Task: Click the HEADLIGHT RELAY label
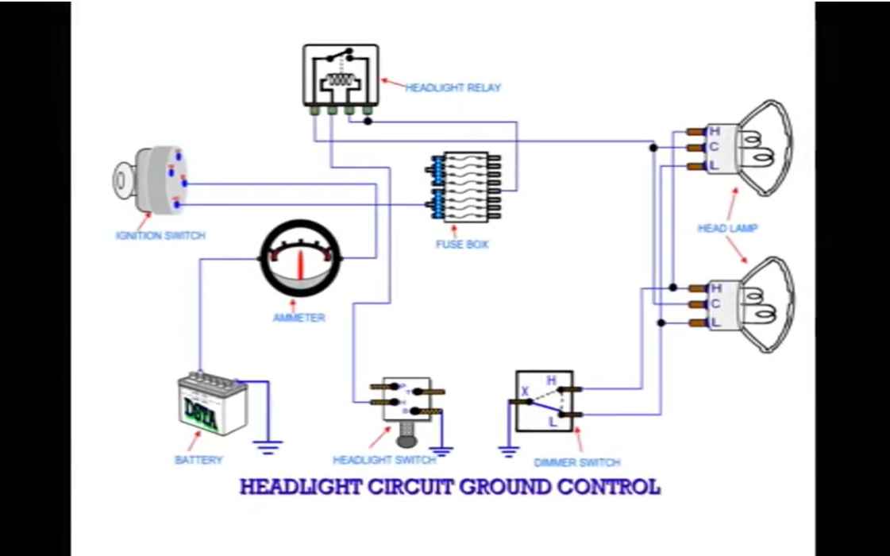click(453, 87)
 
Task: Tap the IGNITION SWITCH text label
click(160, 235)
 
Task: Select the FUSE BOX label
click(462, 244)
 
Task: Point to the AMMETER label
click(299, 318)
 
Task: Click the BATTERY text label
click(198, 460)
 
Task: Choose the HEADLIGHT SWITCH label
click(384, 460)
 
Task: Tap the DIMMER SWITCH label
click(577, 462)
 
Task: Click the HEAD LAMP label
click(727, 228)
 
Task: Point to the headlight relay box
click(340, 75)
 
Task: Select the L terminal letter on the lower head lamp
click(715, 322)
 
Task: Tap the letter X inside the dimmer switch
click(525, 390)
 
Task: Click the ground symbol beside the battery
click(268, 447)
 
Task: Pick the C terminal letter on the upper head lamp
click(715, 148)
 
